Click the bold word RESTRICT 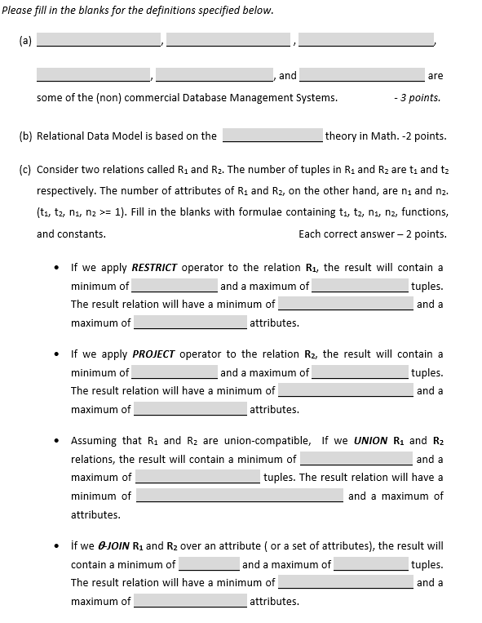click(154, 267)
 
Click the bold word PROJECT click(153, 354)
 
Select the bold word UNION click(371, 440)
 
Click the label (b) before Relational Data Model click(24, 136)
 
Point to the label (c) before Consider click(24, 170)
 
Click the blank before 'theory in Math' click(273, 136)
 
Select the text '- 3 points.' click(416, 98)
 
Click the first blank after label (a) click(99, 40)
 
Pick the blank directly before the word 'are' click(361, 75)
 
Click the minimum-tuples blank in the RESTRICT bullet click(175, 287)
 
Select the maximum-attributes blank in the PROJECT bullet click(190, 409)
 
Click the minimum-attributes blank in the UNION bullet click(239, 496)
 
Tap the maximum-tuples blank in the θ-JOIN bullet click(371, 564)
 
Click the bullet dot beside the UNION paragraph click(55, 441)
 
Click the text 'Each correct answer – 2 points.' click(373, 234)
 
